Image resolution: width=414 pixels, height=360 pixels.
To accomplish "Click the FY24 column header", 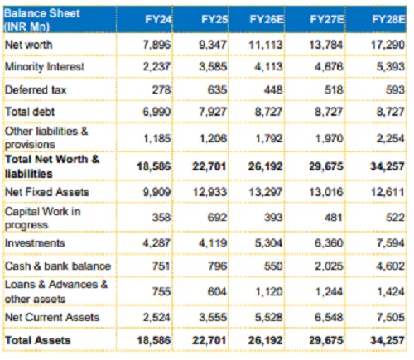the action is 158,20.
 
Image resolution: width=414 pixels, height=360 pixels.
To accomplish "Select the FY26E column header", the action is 267,20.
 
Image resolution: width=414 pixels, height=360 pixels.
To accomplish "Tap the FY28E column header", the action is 388,20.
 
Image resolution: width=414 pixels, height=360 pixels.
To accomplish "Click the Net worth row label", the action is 29,45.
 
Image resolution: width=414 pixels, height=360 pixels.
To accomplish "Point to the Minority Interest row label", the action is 45,67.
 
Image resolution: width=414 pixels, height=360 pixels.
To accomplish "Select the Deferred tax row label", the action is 36,89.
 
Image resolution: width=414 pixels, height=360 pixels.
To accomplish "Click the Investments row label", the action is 35,243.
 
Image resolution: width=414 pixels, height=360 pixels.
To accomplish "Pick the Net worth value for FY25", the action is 213,45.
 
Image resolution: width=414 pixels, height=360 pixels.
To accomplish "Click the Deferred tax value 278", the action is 161,90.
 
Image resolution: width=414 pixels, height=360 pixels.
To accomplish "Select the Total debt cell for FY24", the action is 156,112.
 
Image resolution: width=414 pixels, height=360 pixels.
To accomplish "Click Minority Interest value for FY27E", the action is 330,67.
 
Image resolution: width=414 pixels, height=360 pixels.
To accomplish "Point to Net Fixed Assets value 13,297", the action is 266,192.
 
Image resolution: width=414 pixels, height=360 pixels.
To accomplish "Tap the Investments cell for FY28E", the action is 391,243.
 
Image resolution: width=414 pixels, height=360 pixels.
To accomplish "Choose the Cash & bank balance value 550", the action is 273,266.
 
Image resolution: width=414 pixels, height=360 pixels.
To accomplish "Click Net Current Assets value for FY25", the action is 213,318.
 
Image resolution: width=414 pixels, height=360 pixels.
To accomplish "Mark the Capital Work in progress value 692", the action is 217,218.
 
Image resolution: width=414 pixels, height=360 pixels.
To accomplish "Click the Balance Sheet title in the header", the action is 42,13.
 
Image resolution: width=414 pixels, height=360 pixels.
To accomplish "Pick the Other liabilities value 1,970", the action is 330,138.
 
